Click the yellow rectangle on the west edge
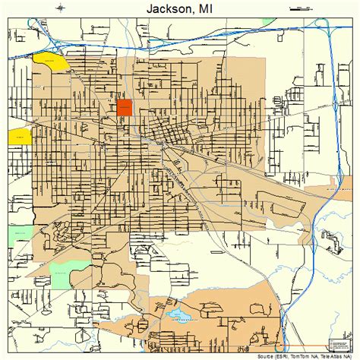[20, 136]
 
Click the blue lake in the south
[178, 312]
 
